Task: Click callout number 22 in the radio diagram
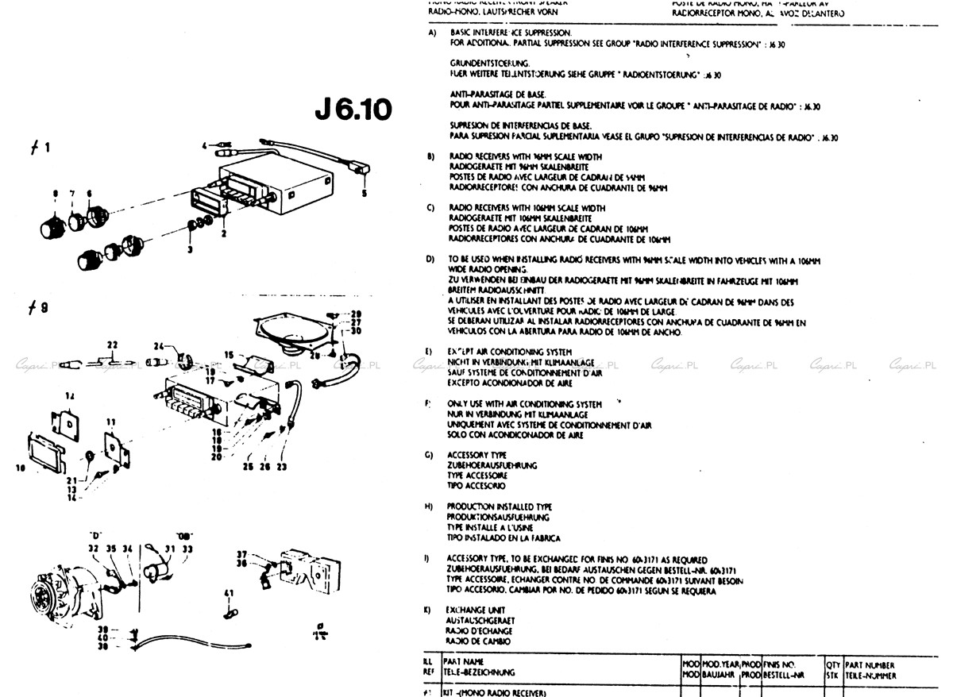(x=112, y=344)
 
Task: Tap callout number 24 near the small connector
(x=157, y=345)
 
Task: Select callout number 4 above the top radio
(x=365, y=193)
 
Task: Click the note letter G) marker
(x=430, y=455)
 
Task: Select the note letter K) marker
(x=430, y=610)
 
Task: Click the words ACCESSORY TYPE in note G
(x=476, y=455)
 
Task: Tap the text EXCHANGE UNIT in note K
(x=476, y=610)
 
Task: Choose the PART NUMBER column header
(x=870, y=665)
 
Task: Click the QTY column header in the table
(x=832, y=665)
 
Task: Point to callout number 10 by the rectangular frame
(x=20, y=468)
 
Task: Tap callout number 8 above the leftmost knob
(x=56, y=193)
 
